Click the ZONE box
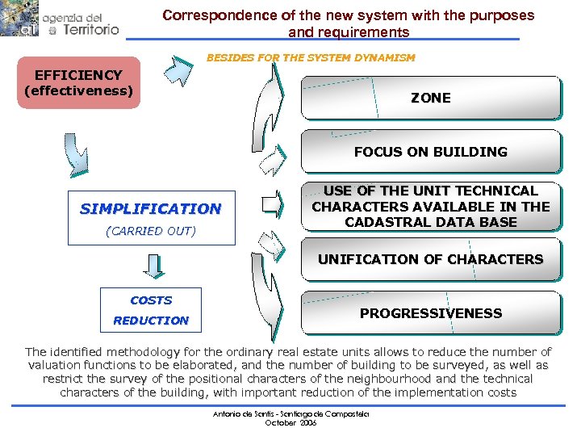pyautogui.click(x=430, y=98)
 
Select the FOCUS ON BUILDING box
pyautogui.click(x=430, y=152)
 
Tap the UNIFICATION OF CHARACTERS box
pyautogui.click(x=430, y=259)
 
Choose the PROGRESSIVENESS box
pyautogui.click(x=430, y=313)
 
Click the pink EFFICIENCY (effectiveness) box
pyautogui.click(x=78, y=82)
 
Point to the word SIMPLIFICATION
pyautogui.click(x=150, y=208)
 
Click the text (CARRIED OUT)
pyautogui.click(x=150, y=231)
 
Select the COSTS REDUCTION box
pyautogui.click(x=151, y=310)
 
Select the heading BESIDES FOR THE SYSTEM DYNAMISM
pyautogui.click(x=311, y=58)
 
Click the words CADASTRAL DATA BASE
pyautogui.click(x=430, y=222)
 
